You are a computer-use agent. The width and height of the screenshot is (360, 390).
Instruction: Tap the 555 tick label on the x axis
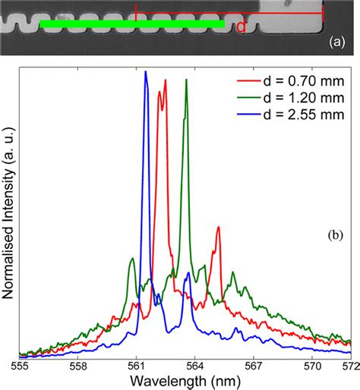(21, 366)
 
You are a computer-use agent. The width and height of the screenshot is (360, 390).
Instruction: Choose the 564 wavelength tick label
(195, 366)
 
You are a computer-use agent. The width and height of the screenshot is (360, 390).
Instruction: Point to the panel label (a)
(338, 44)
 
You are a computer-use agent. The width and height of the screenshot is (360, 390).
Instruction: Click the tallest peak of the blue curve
(145, 72)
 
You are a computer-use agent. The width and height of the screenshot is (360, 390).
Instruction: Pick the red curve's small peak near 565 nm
(218, 227)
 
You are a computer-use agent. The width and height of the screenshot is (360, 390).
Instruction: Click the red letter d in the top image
(240, 28)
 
